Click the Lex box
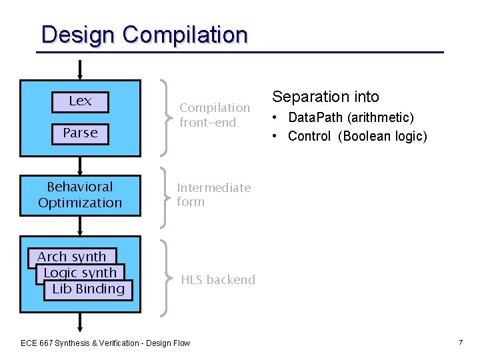point(80,101)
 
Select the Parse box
point(80,133)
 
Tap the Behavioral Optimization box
point(80,195)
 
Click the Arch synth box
point(71,257)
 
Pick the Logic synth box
point(79,273)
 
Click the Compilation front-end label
point(214,115)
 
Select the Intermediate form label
point(213,195)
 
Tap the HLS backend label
point(218,280)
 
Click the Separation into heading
point(325,97)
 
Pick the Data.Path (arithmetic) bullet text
point(351,118)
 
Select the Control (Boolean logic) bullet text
point(357,137)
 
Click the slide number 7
point(460,342)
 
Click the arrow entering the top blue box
point(80,70)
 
